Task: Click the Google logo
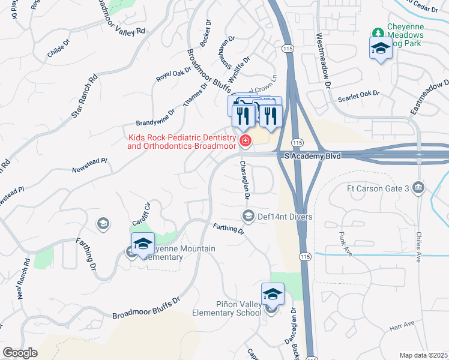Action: coord(20,353)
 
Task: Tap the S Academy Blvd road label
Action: coord(312,156)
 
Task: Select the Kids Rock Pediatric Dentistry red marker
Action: coord(245,142)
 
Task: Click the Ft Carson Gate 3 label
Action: coord(378,189)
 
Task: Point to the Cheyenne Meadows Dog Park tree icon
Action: coord(378,32)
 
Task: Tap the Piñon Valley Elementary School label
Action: coord(227,309)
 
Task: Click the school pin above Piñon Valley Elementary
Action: coord(273,294)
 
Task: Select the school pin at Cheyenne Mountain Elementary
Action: coord(143,244)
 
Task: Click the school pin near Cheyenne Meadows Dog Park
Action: coord(380,48)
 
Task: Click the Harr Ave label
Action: coord(402,325)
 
